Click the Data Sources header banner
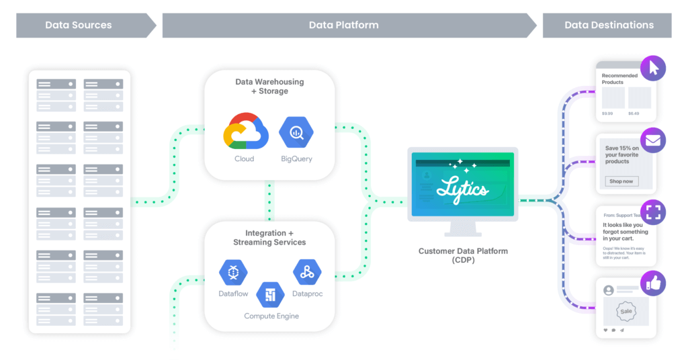point(79,26)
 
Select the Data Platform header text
point(343,26)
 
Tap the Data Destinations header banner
point(609,26)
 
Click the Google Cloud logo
point(245,131)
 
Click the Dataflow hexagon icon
point(233,272)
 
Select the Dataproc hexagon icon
point(307,272)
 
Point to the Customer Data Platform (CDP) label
point(463,255)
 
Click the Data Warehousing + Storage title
point(269,86)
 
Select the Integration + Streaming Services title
point(269,238)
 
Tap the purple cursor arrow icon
point(653,67)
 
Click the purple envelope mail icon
point(653,141)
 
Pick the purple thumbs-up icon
point(653,283)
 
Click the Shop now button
point(621,181)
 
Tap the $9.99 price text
point(608,114)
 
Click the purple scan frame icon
point(653,212)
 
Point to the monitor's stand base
point(464,234)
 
